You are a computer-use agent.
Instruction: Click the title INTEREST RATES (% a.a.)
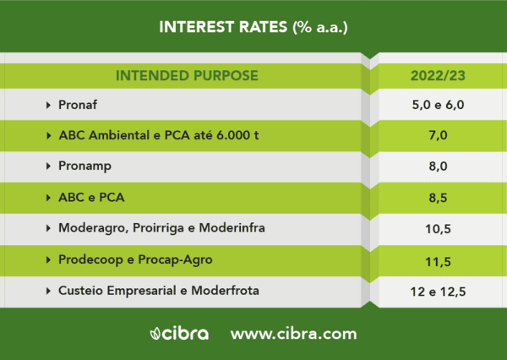253,27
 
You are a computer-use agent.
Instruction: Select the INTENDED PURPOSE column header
187,76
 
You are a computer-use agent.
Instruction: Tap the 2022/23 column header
438,76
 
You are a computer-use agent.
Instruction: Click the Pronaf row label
78,105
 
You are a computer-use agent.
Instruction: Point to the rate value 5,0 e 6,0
438,105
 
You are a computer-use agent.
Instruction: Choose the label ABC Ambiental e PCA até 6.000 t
159,135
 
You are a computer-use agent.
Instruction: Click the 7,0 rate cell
438,135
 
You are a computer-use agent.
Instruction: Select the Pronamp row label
84,166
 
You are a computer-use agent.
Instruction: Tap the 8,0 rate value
438,166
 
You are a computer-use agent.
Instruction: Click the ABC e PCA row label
91,197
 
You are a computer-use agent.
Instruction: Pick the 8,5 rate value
438,197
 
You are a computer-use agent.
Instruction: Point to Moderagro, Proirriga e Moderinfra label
161,228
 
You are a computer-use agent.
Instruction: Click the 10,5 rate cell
438,229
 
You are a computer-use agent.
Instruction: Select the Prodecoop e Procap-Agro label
135,259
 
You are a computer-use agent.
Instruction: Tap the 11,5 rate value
438,262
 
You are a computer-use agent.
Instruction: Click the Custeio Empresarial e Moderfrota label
159,291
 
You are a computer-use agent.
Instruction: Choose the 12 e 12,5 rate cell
438,292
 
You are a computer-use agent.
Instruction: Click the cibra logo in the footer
179,334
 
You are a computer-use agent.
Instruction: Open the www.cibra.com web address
293,334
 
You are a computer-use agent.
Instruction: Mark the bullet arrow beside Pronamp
48,166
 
